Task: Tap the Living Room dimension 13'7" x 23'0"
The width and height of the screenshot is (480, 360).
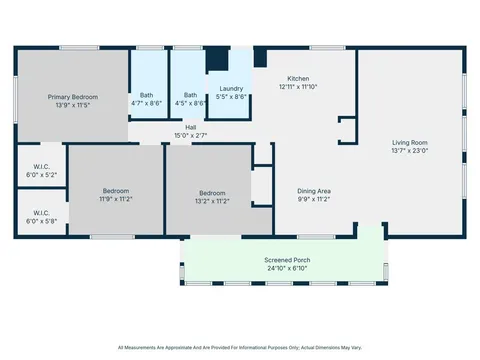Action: click(410, 151)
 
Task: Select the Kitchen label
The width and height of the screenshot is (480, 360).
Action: click(298, 79)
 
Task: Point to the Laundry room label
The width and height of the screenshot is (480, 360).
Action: click(232, 89)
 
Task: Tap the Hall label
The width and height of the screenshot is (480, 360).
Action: click(190, 127)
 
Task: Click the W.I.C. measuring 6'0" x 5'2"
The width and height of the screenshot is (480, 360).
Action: click(40, 168)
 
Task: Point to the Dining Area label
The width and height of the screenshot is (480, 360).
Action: click(316, 191)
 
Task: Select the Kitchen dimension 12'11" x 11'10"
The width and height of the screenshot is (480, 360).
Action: click(298, 87)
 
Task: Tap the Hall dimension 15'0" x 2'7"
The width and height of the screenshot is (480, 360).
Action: click(190, 135)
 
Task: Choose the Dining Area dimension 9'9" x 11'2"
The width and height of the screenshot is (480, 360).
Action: click(316, 199)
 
